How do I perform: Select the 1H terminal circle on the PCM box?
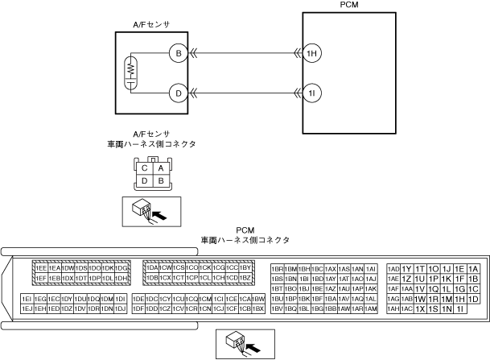(312, 54)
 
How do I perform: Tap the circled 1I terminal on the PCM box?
(312, 94)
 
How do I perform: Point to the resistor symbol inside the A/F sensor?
(129, 74)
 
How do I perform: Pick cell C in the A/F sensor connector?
(144, 168)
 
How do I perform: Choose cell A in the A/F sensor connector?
(161, 168)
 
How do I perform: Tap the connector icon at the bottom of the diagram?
(245, 345)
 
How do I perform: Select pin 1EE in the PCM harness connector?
(41, 267)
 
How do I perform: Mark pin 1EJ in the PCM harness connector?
(27, 308)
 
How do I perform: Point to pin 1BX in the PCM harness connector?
(258, 308)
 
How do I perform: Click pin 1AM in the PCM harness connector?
(371, 308)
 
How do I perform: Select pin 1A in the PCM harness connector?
(473, 268)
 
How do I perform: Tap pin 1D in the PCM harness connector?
(473, 299)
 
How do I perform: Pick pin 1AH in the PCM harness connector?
(393, 308)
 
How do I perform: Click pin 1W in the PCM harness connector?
(420, 299)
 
